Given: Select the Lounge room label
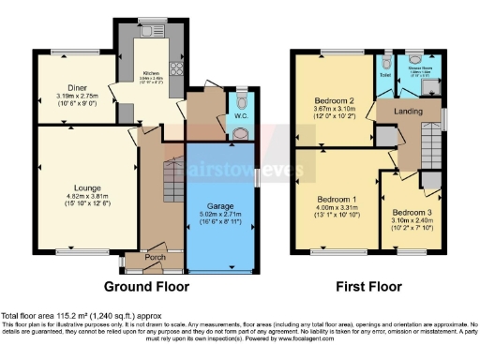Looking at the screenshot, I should coord(70,187).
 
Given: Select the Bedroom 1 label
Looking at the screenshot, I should coord(332,200).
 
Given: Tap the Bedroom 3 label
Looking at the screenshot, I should coord(412,212).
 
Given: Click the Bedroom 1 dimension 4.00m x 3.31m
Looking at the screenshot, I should coord(332,208).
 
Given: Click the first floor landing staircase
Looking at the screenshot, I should coord(430,145).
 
